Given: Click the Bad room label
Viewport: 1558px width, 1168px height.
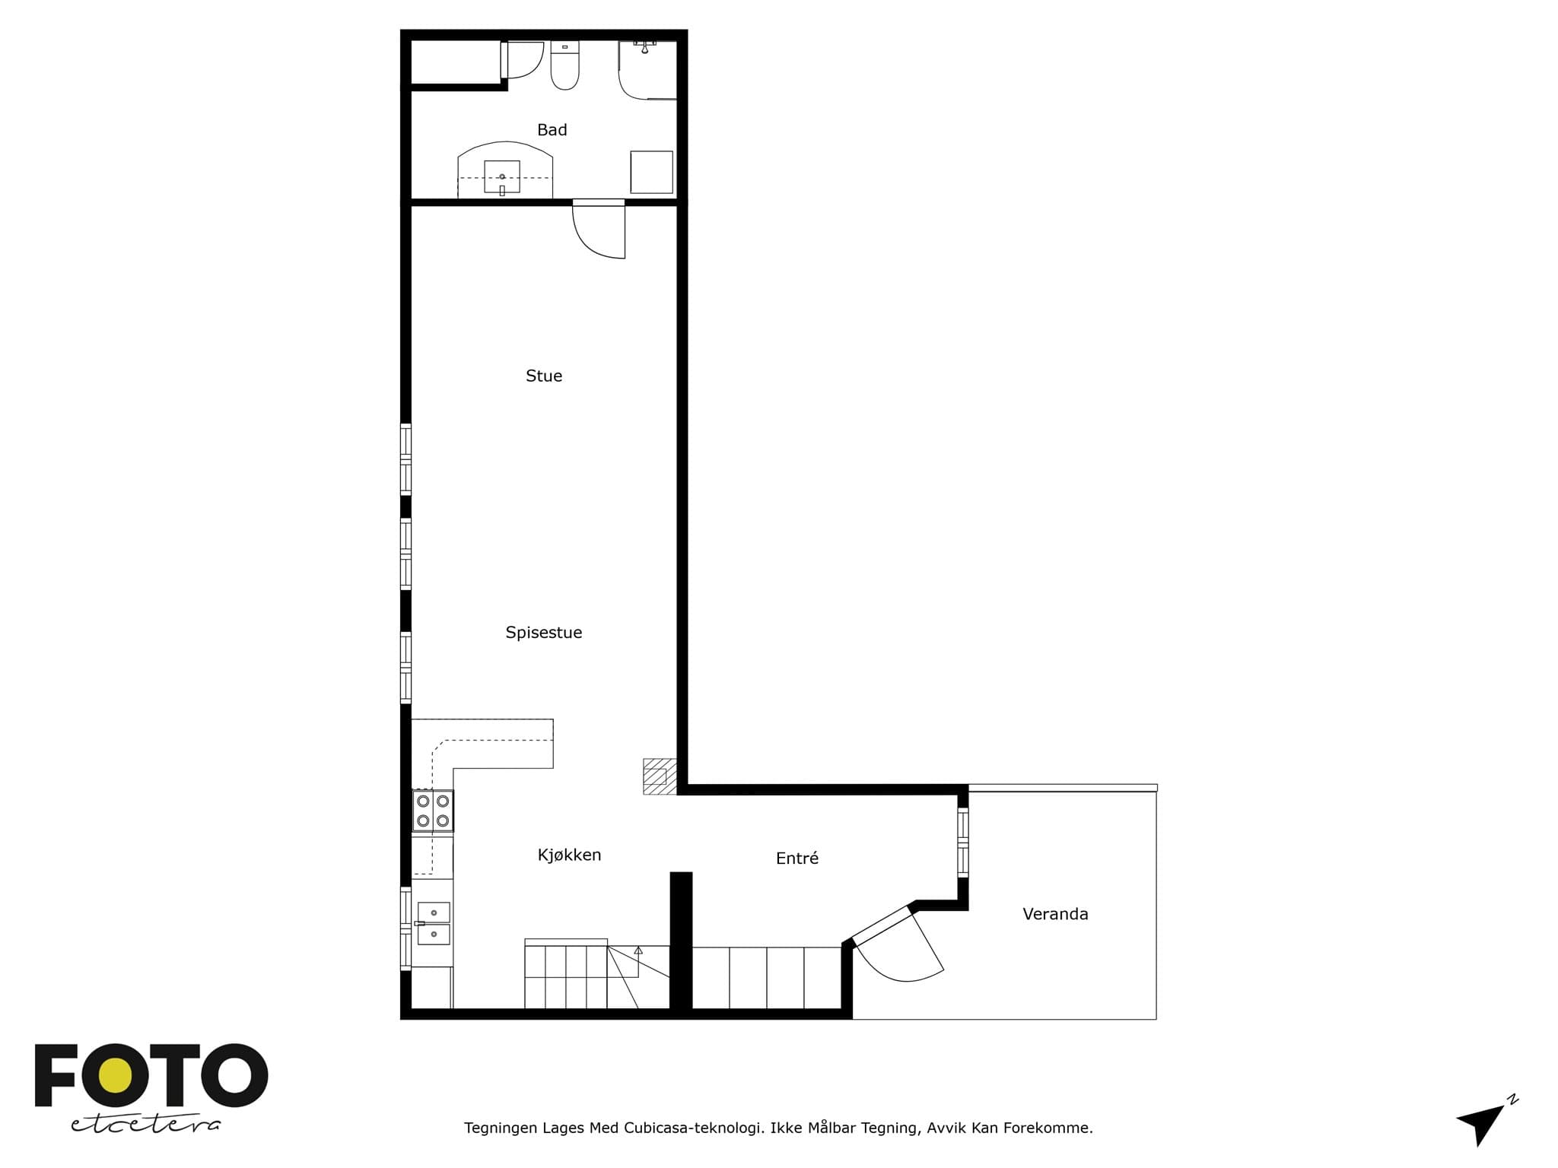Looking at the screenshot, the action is tap(552, 130).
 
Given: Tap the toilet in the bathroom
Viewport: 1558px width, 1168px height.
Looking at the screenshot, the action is tap(564, 65).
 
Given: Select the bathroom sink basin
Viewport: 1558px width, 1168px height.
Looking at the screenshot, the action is tap(502, 177).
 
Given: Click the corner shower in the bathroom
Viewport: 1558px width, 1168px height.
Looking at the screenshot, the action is tap(647, 70).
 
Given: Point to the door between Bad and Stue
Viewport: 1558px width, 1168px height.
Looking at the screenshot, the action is tap(599, 229).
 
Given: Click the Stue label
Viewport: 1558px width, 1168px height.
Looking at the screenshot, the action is tap(544, 376).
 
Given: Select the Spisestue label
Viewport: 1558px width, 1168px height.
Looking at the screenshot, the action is tap(544, 633).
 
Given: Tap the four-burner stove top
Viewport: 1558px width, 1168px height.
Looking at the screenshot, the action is tap(433, 811).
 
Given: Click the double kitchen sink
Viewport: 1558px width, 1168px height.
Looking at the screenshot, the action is tap(434, 923).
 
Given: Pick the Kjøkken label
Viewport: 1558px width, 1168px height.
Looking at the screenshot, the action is tap(569, 855).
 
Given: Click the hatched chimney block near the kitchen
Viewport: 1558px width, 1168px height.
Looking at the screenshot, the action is tap(660, 776).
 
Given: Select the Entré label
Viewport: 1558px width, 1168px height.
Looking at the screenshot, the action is tap(797, 858).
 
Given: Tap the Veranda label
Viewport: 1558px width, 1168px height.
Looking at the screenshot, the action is tap(1055, 914).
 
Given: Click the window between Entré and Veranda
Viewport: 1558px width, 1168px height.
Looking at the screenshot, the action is tap(963, 843).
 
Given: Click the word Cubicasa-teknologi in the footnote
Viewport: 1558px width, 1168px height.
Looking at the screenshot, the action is tap(694, 1128).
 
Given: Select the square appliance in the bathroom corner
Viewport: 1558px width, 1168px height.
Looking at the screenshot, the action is tap(651, 172).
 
